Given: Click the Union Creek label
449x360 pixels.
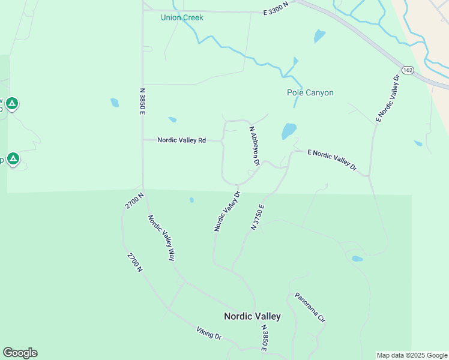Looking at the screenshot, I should [182, 17].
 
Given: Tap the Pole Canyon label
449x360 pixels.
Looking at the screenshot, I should [310, 92].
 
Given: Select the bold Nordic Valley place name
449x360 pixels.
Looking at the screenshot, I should [252, 316].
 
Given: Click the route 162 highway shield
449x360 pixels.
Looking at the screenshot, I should [408, 70].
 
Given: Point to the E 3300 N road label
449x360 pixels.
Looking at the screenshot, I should [276, 11].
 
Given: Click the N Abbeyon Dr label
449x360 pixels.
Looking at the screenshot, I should [255, 145].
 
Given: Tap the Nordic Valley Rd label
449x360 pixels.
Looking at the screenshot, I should [181, 140].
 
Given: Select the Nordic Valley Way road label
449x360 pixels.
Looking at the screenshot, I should [161, 238].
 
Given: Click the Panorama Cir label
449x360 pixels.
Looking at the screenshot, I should [310, 308].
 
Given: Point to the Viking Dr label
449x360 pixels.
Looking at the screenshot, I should [208, 333].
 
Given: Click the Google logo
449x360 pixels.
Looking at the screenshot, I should [20, 353].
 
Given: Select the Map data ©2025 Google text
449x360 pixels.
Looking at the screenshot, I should [412, 355].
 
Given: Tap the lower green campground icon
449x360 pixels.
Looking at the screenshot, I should [13, 160].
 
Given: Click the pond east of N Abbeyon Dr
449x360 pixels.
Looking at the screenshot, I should [289, 130].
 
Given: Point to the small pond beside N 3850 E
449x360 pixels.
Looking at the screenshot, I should [115, 103].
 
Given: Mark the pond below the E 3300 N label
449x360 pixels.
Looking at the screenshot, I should [319, 36].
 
